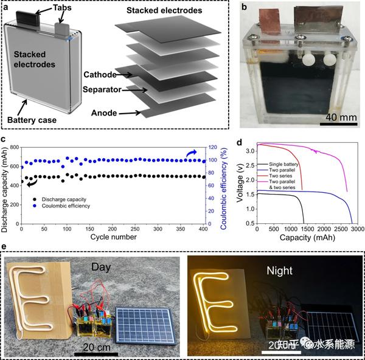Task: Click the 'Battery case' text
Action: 32,120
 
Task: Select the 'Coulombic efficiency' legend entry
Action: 66,207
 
